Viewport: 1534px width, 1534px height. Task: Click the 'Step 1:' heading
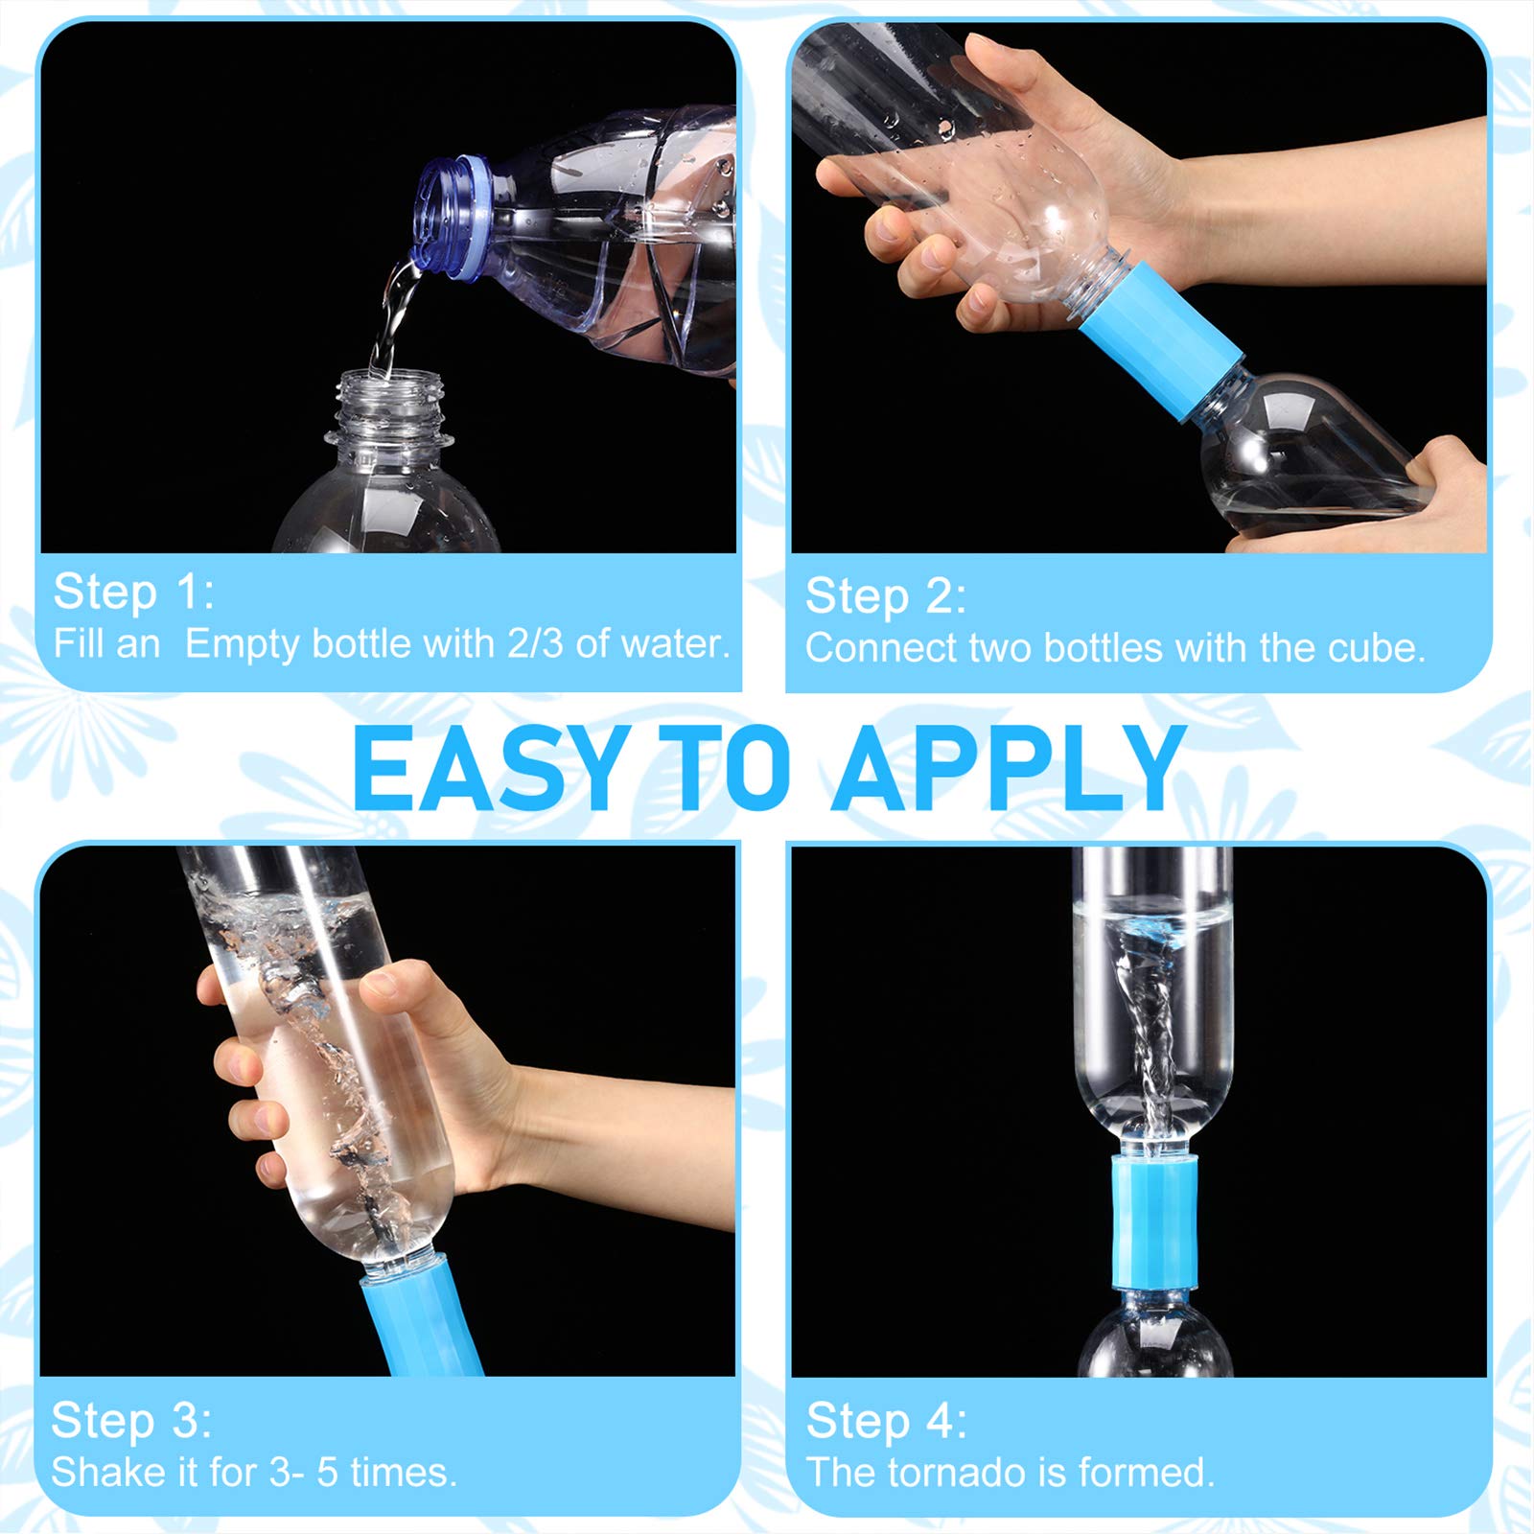pos(132,592)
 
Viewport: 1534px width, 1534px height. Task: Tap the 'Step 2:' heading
pos(885,596)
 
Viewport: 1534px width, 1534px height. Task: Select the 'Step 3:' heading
pos(130,1420)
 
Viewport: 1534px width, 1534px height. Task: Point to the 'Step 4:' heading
pos(886,1420)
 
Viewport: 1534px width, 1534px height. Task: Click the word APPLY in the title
pos(1009,769)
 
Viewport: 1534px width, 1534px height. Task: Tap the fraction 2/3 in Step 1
pos(535,643)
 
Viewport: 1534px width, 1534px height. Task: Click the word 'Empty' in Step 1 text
pos(242,643)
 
